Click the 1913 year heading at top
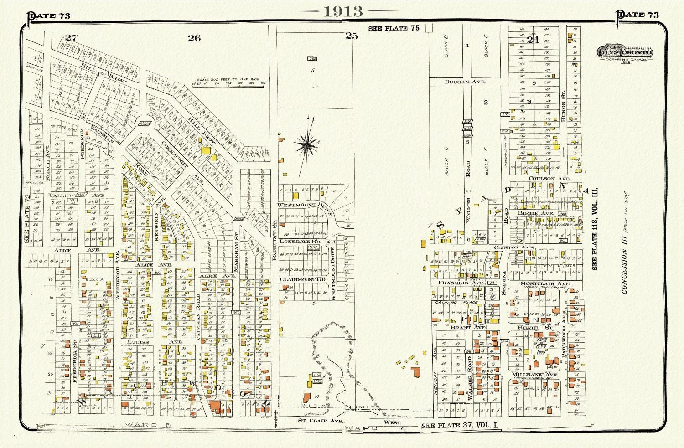pos(343,11)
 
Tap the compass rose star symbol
pos(307,145)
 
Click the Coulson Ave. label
pos(543,179)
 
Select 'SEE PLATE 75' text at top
pos(394,28)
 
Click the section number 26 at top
pos(194,38)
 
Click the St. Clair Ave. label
pos(316,421)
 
